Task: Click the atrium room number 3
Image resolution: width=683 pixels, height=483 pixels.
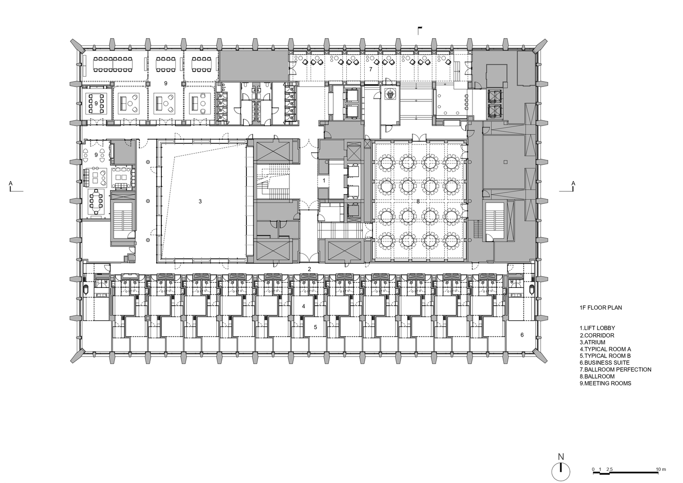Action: pos(200,201)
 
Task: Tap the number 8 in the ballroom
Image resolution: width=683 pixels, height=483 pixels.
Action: pos(418,201)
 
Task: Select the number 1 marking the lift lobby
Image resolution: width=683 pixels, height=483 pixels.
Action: pos(324,181)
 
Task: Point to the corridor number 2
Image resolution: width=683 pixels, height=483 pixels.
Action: pos(309,269)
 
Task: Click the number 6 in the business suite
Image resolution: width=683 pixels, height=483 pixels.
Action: pos(522,335)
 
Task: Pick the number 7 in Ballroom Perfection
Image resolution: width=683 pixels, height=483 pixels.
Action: pos(371,70)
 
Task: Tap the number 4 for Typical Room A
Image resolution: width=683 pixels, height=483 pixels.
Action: pos(303,306)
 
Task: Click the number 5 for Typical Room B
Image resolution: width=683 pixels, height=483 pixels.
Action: pos(315,327)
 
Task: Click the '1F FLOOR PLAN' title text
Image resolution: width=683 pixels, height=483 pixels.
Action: pos(601,308)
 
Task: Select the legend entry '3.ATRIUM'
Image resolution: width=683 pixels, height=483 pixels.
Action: pos(593,342)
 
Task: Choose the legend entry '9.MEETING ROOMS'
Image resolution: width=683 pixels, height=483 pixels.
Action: pos(605,384)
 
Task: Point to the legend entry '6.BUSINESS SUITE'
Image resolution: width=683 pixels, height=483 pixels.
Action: pos(605,363)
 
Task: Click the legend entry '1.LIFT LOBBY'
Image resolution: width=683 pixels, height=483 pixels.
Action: pos(598,328)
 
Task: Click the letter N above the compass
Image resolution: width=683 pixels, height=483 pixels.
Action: pos(561,457)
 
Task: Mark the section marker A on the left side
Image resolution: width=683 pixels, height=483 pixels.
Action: pos(11,183)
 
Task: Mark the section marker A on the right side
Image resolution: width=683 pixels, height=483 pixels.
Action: pos(573,183)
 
